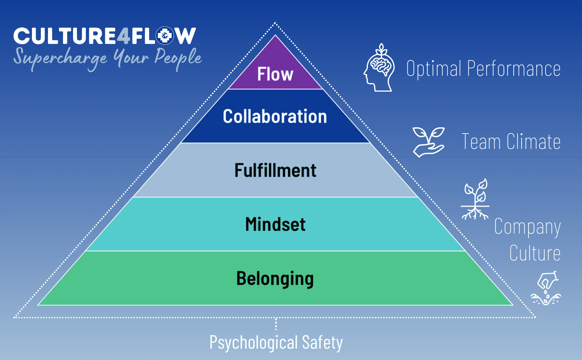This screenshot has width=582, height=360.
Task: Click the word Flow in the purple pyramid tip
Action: [275, 74]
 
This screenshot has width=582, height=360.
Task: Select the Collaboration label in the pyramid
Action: [275, 116]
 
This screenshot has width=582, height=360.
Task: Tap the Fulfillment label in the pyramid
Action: [275, 170]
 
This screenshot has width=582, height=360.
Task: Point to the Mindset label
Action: [275, 224]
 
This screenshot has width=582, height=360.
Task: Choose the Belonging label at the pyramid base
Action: [275, 279]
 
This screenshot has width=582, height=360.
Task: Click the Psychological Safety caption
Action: [276, 342]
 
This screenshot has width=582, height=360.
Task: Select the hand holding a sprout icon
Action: [429, 142]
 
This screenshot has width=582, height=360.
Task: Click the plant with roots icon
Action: [475, 199]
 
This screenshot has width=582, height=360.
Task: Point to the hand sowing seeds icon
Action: [546, 288]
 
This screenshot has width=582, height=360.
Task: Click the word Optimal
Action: [433, 68]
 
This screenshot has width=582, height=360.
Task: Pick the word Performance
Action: [514, 68]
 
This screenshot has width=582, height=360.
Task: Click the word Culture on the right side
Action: [535, 253]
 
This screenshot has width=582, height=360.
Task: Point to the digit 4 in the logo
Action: [123, 36]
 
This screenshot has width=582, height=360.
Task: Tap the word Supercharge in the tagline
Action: [60, 58]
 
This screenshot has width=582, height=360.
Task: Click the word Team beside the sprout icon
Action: [481, 141]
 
